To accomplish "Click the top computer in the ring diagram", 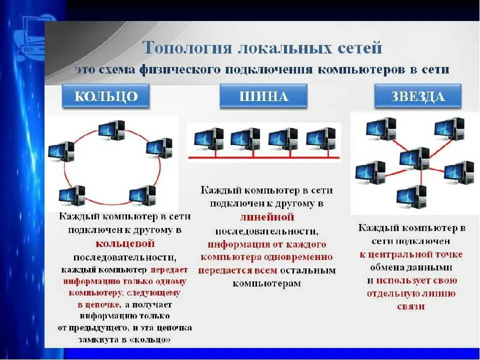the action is [x=112, y=130].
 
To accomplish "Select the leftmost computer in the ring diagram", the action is [x=61, y=151].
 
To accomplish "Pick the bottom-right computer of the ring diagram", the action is [x=142, y=195].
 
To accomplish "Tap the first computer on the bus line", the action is [x=208, y=139].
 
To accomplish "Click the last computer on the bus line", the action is [x=320, y=139].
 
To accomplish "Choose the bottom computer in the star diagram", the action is [x=411, y=196].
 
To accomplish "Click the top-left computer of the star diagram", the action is [x=381, y=128].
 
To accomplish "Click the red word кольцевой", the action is [x=124, y=244].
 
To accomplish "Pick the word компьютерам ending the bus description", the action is [x=266, y=283].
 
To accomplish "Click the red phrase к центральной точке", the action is [x=411, y=254].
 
